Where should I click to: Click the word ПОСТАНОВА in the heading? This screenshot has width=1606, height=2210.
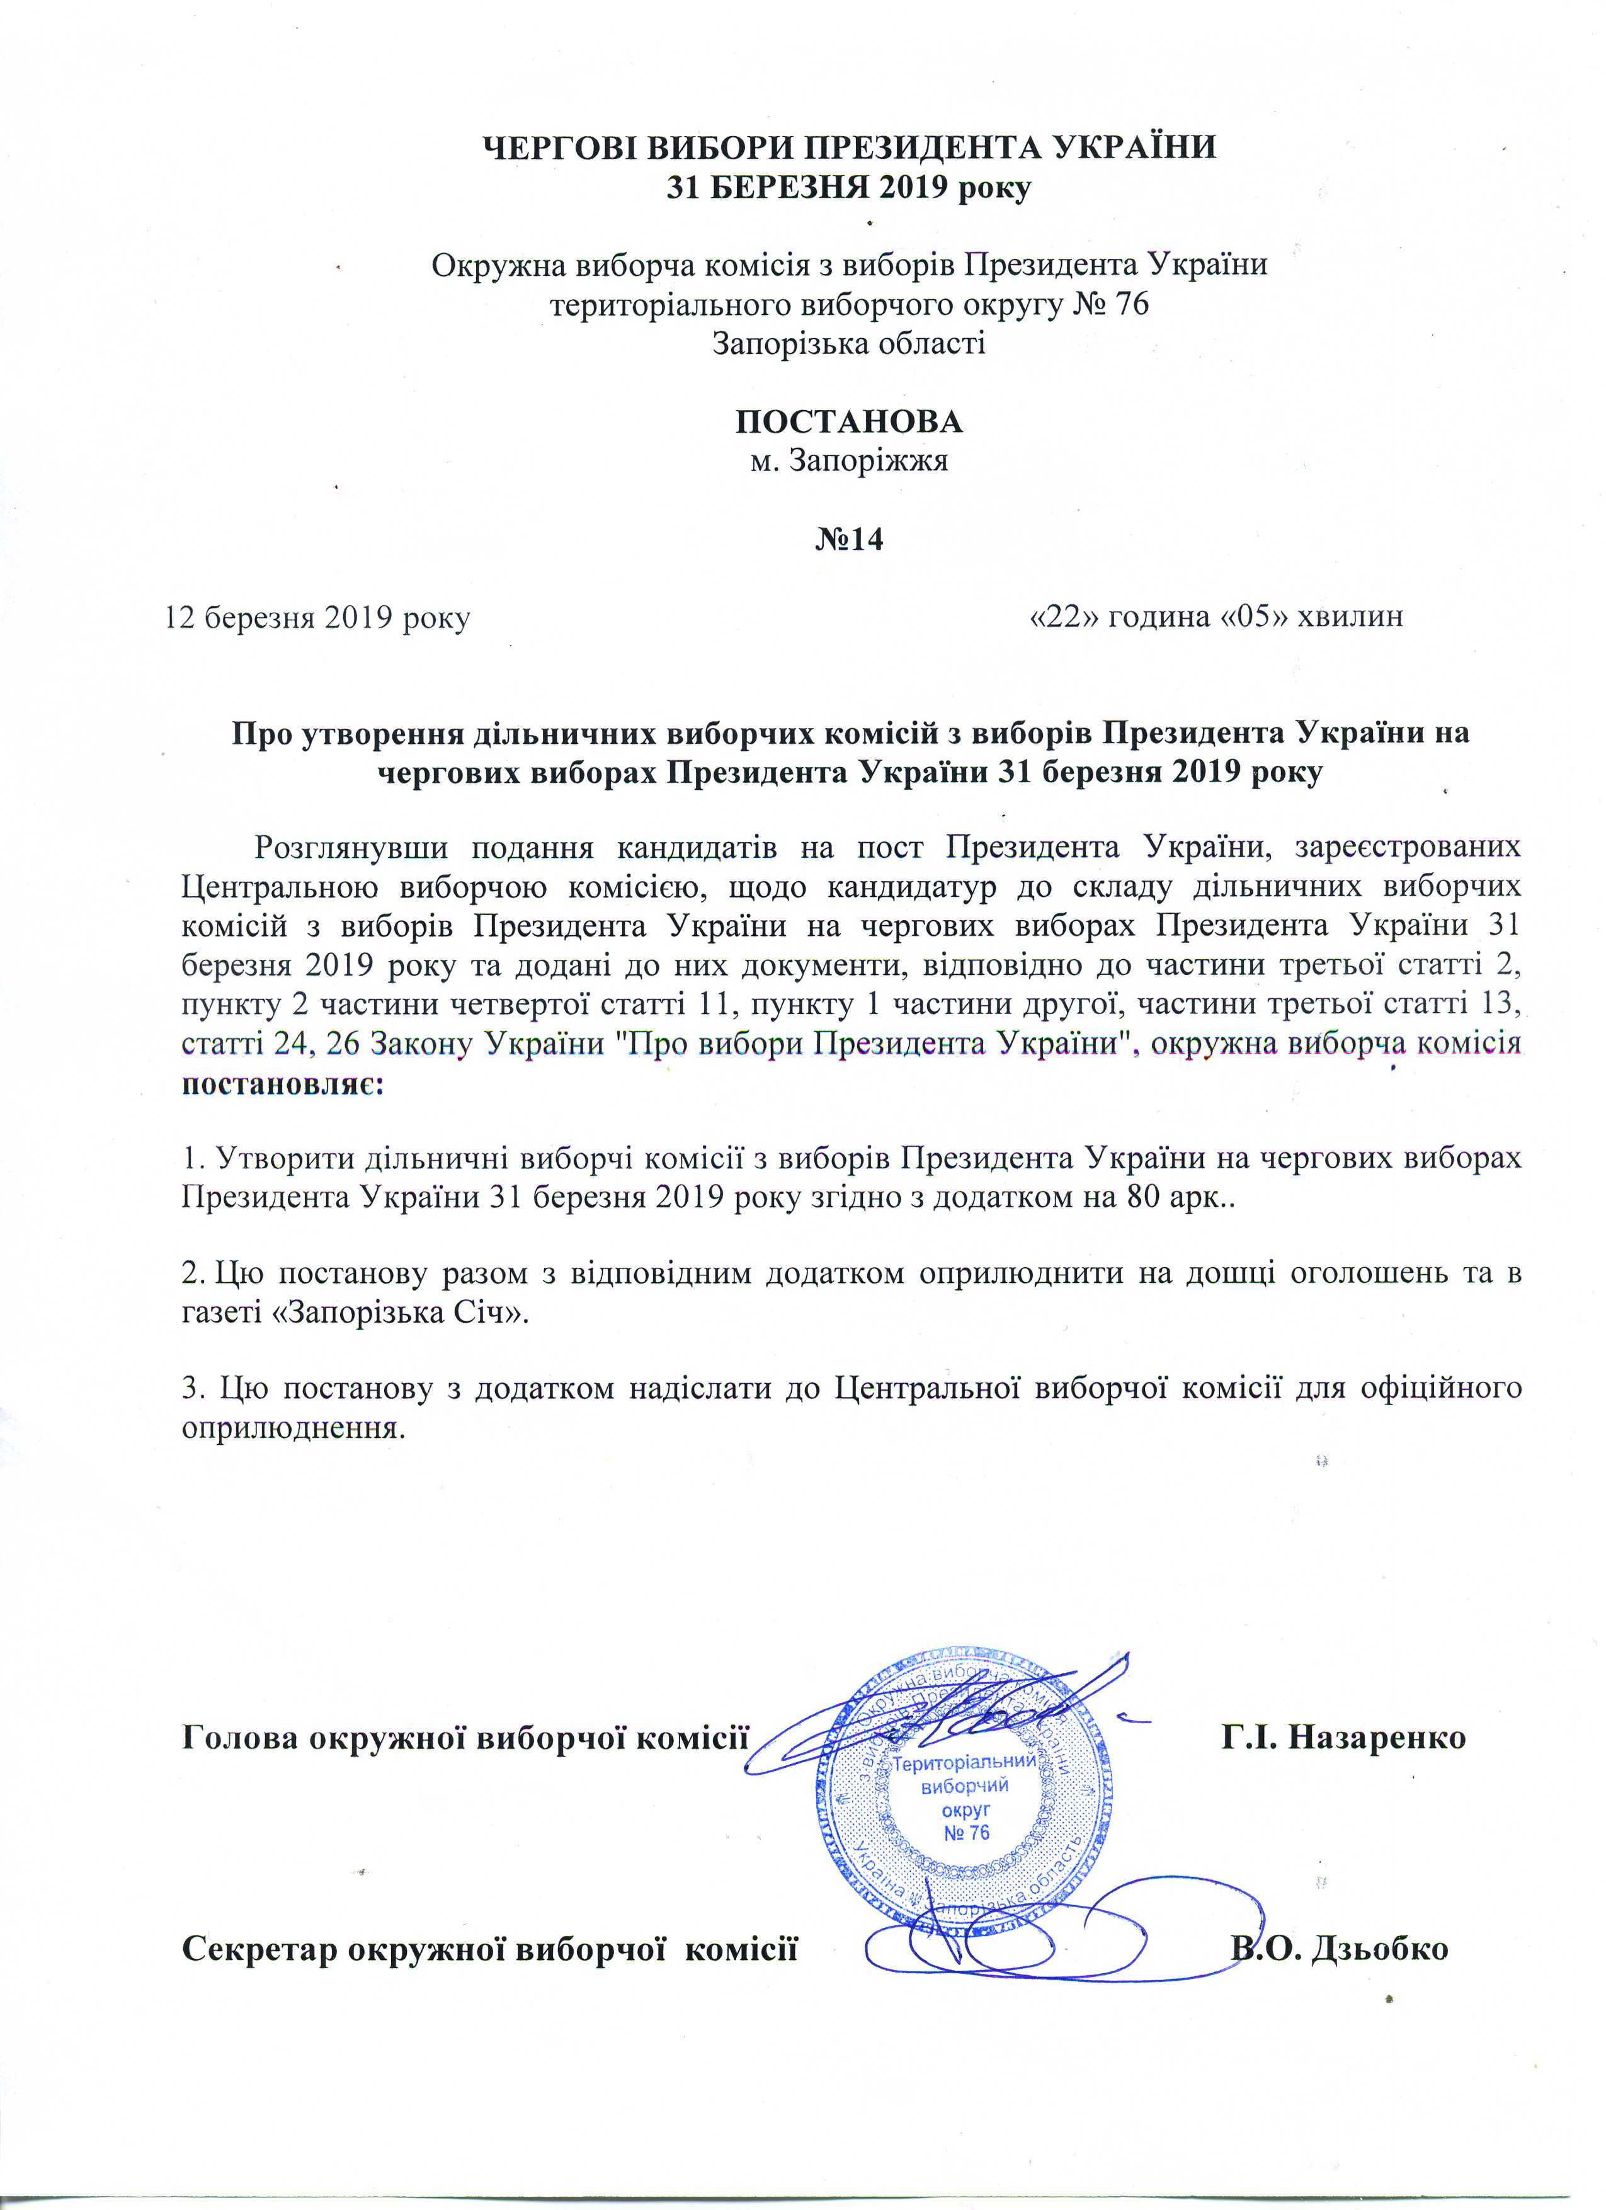click(848, 422)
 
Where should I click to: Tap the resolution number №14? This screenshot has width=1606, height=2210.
click(849, 539)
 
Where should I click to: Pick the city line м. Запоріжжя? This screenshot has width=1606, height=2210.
click(848, 461)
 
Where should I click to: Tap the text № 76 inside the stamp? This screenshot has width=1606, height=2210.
click(967, 1833)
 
